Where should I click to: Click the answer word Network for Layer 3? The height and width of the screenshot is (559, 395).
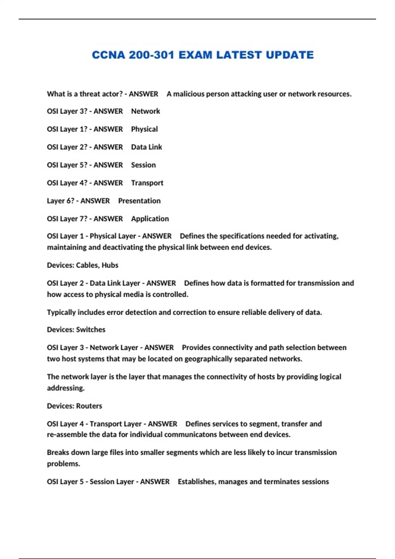(x=145, y=111)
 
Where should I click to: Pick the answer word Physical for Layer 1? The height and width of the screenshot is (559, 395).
(x=144, y=129)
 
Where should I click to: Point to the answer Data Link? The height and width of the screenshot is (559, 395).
(x=146, y=147)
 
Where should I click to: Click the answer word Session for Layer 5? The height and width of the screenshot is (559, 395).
(x=143, y=165)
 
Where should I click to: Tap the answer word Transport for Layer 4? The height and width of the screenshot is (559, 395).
(x=147, y=183)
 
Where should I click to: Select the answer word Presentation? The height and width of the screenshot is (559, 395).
(x=139, y=201)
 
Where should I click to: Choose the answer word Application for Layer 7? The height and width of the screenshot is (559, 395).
(x=150, y=219)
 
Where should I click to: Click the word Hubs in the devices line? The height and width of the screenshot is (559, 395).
(x=110, y=265)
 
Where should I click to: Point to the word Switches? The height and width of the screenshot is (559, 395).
(x=91, y=330)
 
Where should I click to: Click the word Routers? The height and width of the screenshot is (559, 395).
(x=89, y=406)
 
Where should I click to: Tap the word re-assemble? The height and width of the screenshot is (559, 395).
(x=67, y=435)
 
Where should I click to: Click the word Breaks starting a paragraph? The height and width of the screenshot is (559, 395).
(x=58, y=452)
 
